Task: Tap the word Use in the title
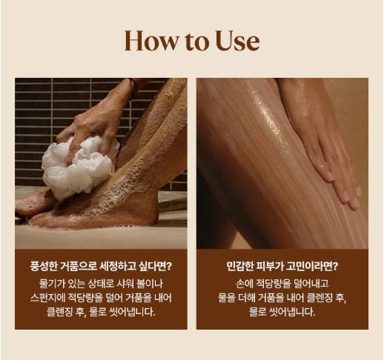(237, 41)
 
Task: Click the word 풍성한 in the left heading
(44, 267)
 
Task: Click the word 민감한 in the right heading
(240, 267)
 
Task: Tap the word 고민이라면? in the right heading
(313, 267)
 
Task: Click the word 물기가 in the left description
(52, 284)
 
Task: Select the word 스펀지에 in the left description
(47, 298)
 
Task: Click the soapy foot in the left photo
(94, 213)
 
